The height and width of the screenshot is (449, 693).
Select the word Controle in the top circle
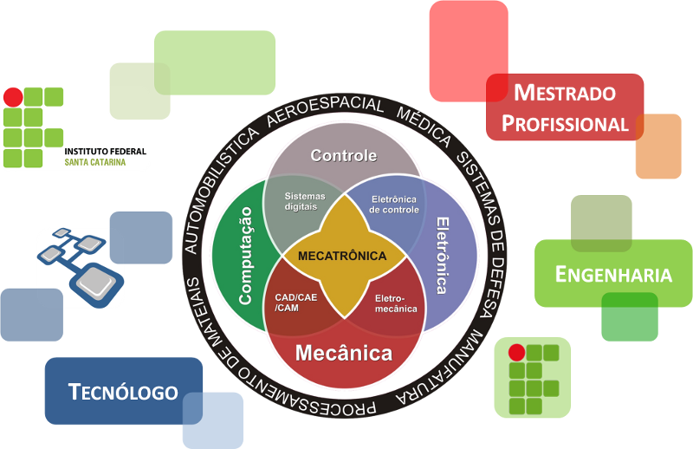click(x=344, y=156)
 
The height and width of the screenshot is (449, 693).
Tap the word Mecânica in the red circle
click(x=344, y=354)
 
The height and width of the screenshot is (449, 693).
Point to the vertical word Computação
click(x=245, y=255)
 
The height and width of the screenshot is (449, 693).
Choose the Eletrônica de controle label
click(x=394, y=204)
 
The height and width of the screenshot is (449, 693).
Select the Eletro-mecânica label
click(x=396, y=303)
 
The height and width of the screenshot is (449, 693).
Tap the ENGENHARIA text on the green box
click(x=613, y=275)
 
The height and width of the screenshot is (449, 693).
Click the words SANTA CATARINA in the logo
click(x=94, y=162)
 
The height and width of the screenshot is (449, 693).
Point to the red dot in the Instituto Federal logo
click(x=13, y=97)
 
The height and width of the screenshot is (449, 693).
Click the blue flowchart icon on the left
click(x=81, y=259)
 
